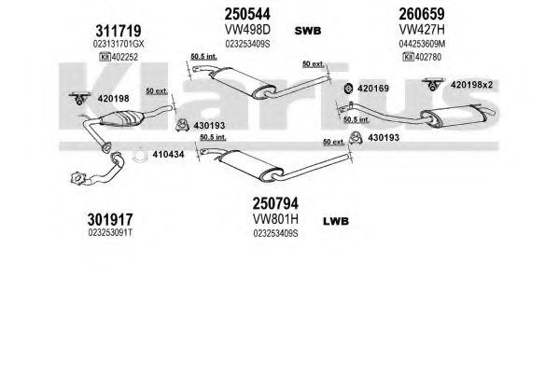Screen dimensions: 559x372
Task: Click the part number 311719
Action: pos(119,32)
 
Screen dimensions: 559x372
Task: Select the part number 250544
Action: pos(247,14)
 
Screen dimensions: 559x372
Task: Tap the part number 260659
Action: pos(422,14)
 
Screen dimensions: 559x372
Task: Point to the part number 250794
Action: pos(275,204)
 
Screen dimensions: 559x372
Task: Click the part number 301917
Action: pos(110,220)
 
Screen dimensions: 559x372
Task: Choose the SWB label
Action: pos(308,31)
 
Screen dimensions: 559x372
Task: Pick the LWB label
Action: pos(336,221)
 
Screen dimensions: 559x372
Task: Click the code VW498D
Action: pos(247,30)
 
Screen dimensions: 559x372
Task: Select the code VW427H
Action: pos(422,30)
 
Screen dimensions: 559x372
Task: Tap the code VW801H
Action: pos(275,219)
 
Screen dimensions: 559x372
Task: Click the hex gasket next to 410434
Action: pos(139,155)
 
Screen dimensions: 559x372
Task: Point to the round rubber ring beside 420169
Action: pos(348,89)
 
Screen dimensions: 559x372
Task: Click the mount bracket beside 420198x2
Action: pos(433,84)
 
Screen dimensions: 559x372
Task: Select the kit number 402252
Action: pos(125,57)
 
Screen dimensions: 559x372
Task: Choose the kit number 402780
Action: pos(428,57)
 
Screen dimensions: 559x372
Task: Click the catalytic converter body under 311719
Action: pos(121,118)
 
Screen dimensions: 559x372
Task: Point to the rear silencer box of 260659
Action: pos(454,115)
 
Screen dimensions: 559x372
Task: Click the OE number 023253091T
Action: pos(110,233)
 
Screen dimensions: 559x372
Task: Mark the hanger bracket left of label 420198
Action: pos(79,99)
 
